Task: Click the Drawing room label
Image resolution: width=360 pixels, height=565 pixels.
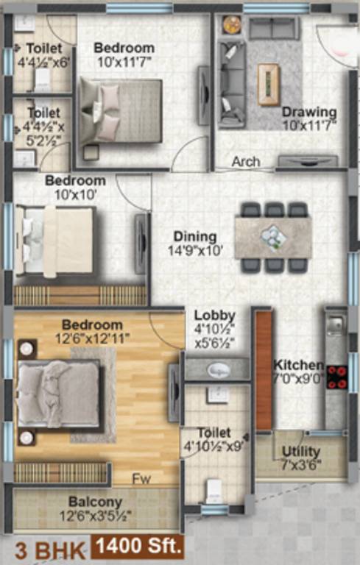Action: (309, 113)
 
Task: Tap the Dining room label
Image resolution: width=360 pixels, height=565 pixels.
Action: (195, 237)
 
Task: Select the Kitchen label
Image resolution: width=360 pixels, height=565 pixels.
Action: (297, 365)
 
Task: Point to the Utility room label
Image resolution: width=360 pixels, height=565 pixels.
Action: (301, 451)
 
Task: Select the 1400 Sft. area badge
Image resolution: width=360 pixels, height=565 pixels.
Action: (138, 547)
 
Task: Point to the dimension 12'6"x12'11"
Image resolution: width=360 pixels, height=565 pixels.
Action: (92, 338)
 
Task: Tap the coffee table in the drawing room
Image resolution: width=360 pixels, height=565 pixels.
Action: (268, 76)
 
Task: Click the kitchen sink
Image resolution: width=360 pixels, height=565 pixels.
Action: (334, 324)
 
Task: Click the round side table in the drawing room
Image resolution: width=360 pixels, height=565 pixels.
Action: (232, 24)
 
